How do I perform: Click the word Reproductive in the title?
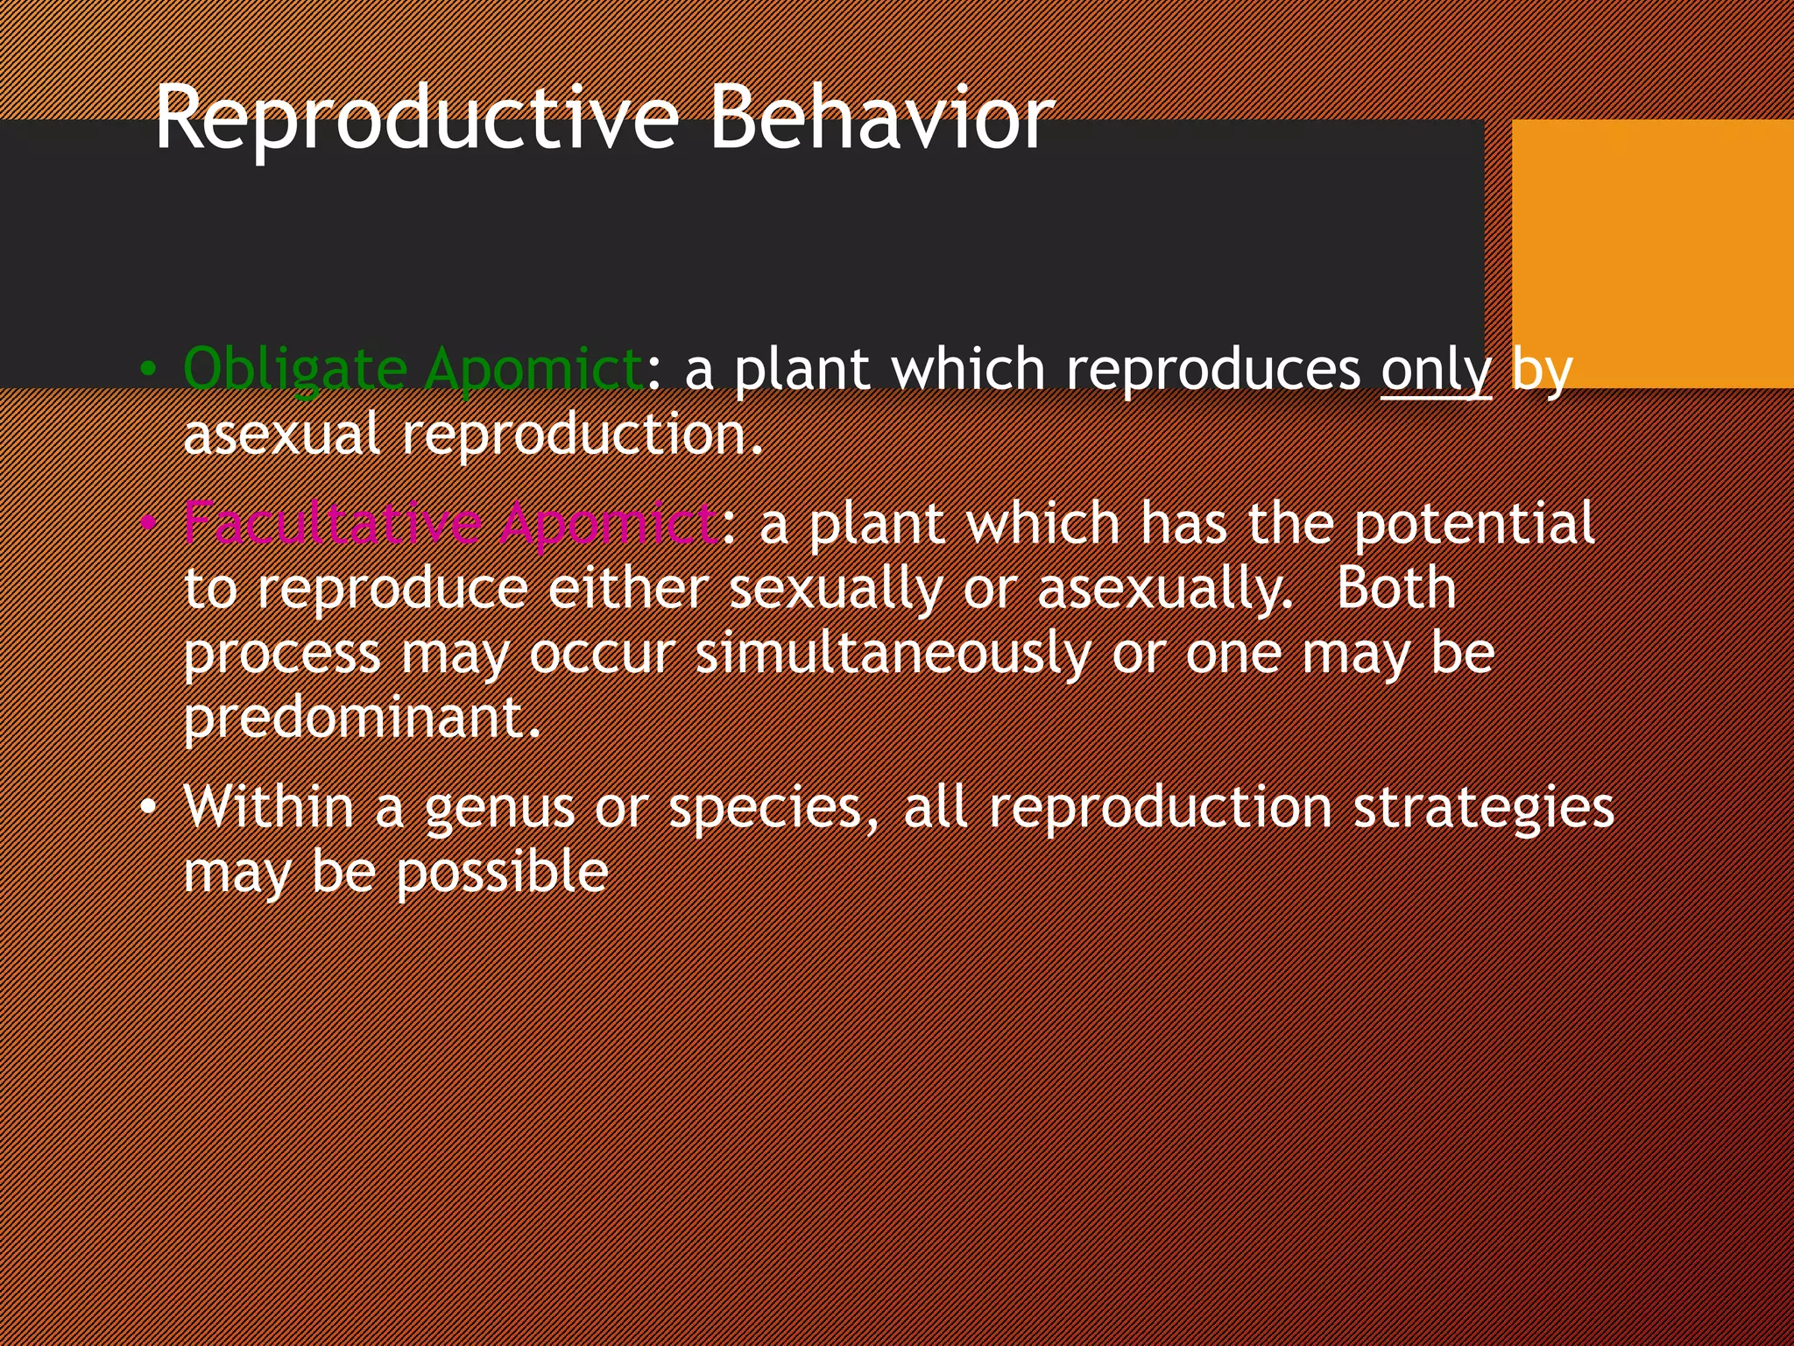coord(416,118)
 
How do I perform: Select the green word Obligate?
coord(295,369)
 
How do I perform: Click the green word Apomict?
coord(534,369)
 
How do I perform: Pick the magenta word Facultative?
coord(332,524)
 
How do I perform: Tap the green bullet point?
coord(149,370)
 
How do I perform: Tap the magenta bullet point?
coord(149,524)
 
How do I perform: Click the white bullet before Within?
coord(149,807)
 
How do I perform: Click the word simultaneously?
coord(893,654)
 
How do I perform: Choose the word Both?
coord(1395,588)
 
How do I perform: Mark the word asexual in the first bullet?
coord(281,435)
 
